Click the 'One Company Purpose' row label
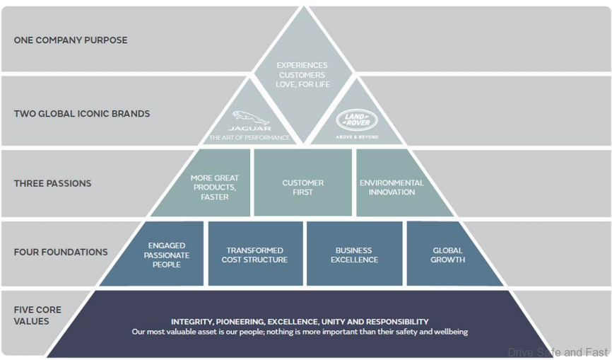tap(71, 40)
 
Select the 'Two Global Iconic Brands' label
tap(82, 113)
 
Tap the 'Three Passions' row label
tap(52, 183)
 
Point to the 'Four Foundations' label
tap(61, 252)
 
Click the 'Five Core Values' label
tap(37, 315)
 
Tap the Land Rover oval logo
tap(357, 120)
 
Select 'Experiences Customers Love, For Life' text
tap(302, 75)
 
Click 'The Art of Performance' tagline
tap(249, 138)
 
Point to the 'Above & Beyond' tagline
tap(357, 137)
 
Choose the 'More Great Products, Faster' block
tap(215, 187)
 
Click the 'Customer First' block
tap(302, 187)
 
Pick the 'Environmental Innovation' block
tap(392, 187)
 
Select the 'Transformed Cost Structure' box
tap(255, 255)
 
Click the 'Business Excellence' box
tap(354, 255)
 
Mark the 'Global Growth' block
tap(448, 255)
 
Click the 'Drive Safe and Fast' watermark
tap(558, 352)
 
